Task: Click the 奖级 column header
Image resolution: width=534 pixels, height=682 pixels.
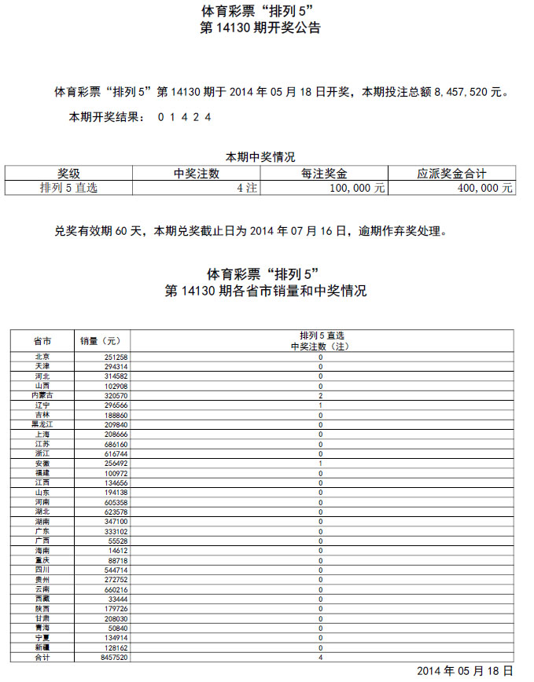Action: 68,174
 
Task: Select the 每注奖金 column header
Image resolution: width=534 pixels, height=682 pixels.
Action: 324,174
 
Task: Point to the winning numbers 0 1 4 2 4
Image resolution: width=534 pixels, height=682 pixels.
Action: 184,117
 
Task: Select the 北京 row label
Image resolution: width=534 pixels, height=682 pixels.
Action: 42,357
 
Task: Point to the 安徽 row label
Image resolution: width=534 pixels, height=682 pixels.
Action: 42,464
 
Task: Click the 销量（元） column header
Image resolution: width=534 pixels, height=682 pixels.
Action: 101,341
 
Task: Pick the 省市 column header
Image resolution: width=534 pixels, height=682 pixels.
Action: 42,341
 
